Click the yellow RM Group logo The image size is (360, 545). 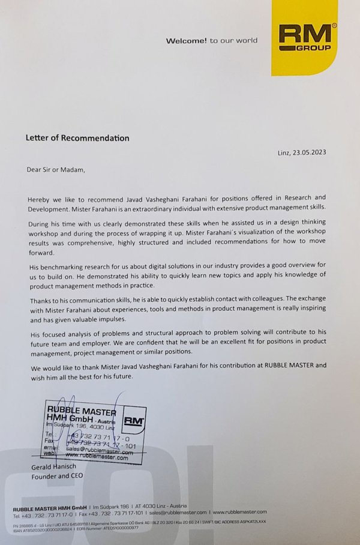click(304, 37)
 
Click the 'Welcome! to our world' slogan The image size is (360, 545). click(211, 41)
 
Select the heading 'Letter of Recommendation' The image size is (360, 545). click(77, 138)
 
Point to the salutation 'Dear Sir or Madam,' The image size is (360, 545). click(56, 169)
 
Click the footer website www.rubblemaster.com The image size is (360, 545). click(240, 512)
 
